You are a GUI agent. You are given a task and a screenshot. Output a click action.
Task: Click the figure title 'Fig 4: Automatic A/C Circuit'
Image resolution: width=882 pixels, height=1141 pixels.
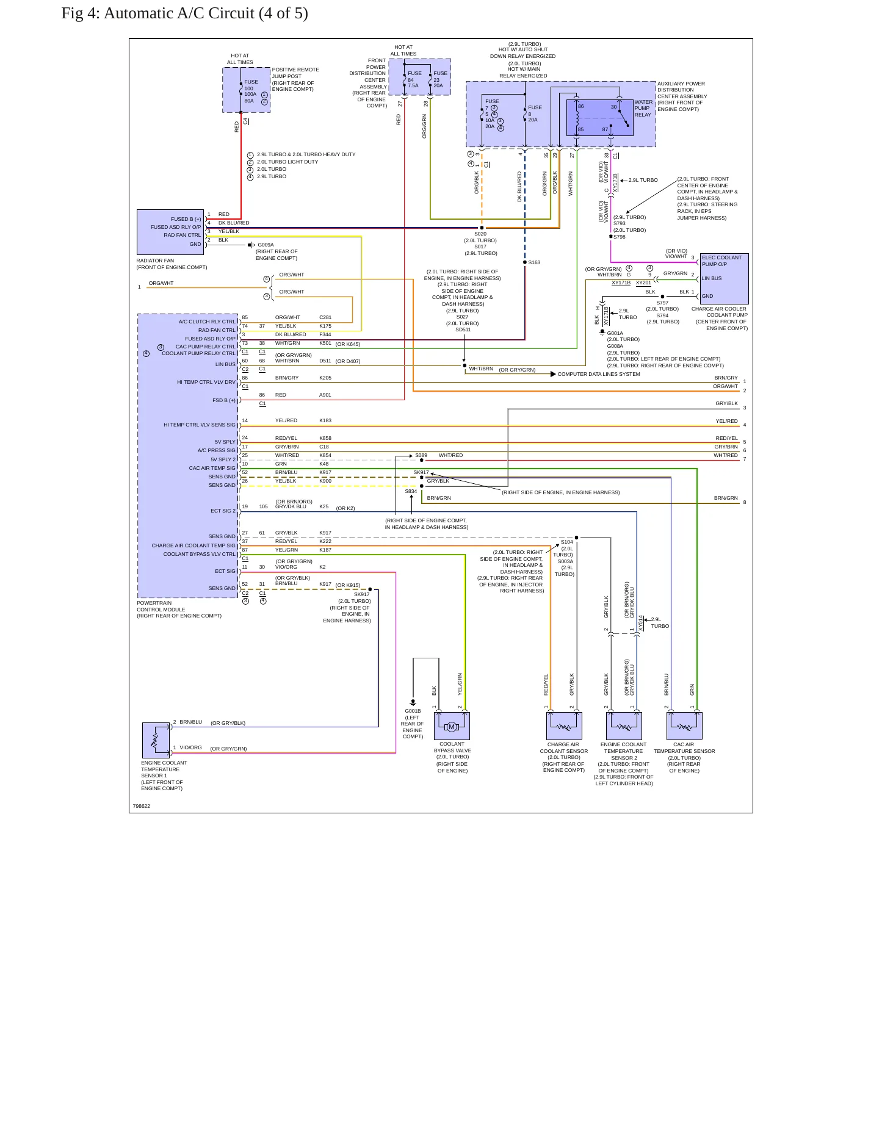pos(158,13)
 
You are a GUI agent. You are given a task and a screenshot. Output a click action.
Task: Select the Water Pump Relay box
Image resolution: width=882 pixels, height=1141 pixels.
pos(600,117)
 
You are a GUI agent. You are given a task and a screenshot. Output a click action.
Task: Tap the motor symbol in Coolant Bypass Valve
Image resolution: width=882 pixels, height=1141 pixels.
pos(452,726)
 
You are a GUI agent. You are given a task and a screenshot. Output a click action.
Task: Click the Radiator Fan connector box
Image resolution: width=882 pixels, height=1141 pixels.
pos(170,232)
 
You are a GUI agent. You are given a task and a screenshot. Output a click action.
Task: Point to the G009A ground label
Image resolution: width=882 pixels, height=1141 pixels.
pos(266,245)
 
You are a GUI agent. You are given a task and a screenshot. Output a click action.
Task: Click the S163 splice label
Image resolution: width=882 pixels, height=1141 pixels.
pos(534,262)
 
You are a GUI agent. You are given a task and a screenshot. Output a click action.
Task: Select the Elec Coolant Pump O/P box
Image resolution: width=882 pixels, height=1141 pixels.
pos(725,279)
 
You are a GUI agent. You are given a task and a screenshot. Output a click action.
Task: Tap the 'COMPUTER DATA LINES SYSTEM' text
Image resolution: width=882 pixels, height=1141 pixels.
pos(599,374)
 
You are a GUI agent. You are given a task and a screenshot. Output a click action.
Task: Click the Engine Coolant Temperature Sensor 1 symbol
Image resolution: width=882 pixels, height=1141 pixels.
pos(156,740)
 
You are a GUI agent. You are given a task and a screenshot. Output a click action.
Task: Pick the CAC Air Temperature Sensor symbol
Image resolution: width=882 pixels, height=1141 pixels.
pos(684,726)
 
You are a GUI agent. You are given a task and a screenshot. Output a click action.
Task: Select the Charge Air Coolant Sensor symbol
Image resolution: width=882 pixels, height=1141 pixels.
pos(564,726)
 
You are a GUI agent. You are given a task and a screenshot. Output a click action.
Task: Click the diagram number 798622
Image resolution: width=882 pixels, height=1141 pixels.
pos(142,806)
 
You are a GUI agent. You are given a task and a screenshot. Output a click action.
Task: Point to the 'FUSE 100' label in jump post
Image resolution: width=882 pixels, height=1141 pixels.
pos(251,85)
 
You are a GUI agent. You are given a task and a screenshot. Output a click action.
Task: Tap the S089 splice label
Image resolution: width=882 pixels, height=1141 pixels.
pos(421,455)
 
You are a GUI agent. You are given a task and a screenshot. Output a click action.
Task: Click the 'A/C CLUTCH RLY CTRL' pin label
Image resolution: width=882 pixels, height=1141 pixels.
pos(207,322)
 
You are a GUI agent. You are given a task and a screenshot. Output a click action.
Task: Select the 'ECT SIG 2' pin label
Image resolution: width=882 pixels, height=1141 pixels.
pos(223,511)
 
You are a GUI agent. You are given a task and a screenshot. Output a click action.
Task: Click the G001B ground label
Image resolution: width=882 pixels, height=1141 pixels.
pos(413,711)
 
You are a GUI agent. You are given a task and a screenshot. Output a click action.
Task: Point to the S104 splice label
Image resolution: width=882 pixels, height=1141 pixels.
pos(567,542)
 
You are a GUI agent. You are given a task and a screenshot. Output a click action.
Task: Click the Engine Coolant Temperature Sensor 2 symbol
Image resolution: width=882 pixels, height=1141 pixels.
pos(624,726)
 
